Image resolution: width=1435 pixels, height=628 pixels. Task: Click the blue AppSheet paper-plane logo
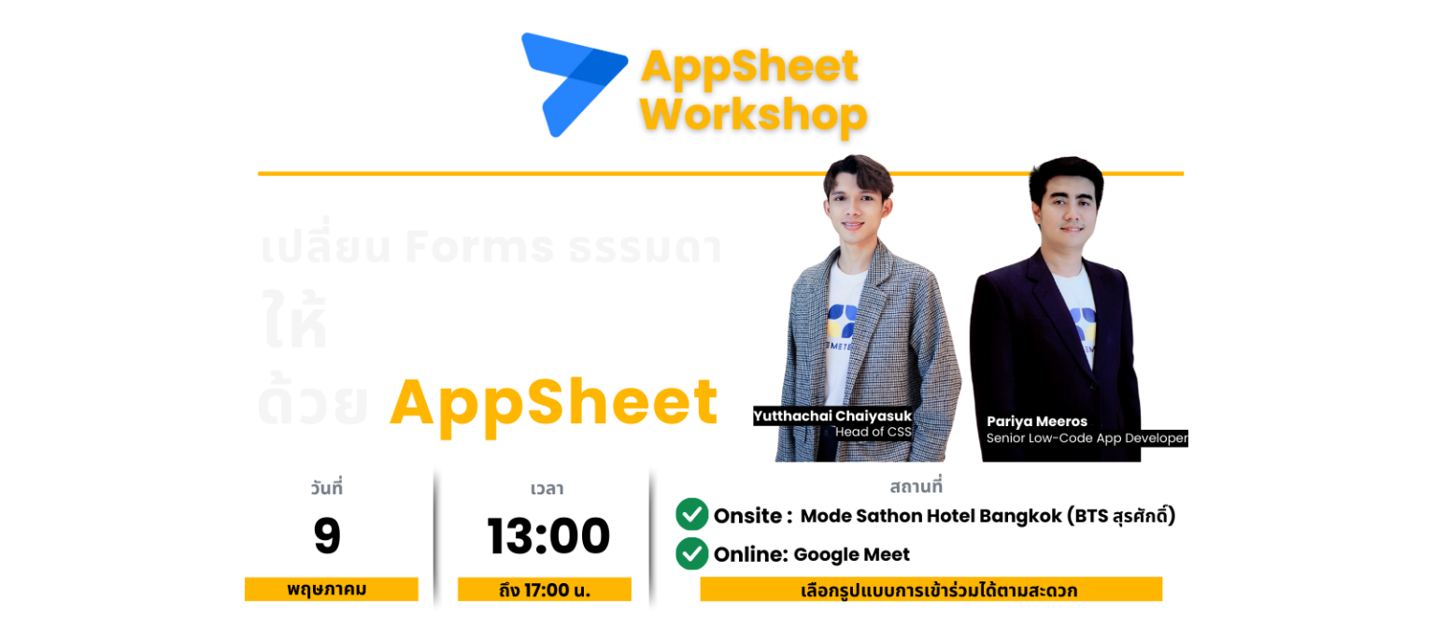coord(570,82)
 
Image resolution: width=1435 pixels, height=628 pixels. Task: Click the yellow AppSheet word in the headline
coord(554,403)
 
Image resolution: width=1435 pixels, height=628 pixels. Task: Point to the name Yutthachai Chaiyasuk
coord(831,416)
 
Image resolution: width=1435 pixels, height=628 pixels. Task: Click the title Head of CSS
coord(873,432)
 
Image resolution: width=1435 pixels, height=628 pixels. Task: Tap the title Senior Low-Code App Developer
coord(1087,437)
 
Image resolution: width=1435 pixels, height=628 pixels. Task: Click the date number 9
coord(327,536)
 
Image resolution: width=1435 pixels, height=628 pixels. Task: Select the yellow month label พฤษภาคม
coord(331,590)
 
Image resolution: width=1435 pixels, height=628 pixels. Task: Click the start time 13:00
coord(548,537)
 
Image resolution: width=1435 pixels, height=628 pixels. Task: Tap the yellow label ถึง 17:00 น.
coord(544,590)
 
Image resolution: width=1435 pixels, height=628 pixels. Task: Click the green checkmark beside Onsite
coord(691,515)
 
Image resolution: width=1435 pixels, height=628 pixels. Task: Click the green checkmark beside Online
coord(691,554)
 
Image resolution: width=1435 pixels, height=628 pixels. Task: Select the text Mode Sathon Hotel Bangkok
coord(931,516)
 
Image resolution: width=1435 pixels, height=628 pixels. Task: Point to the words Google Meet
coord(851,554)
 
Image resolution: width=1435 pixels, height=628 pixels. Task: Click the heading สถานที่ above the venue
coord(916,487)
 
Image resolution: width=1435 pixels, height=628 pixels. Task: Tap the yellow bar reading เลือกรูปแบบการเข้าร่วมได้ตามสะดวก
coord(931,590)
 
